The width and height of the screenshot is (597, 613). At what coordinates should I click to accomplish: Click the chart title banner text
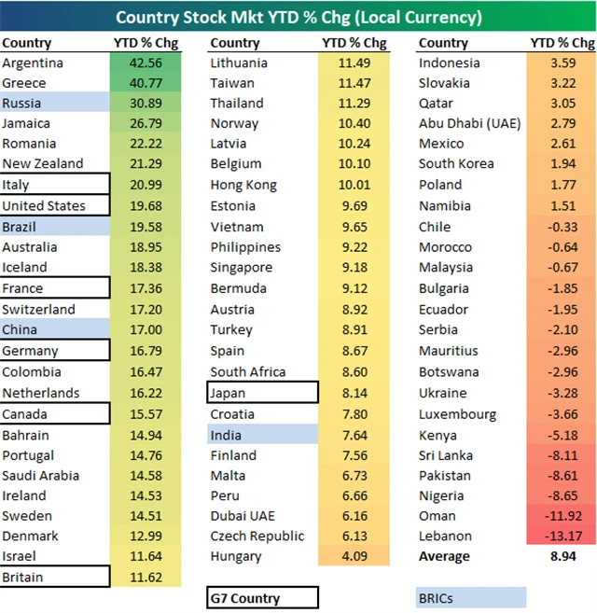(x=298, y=18)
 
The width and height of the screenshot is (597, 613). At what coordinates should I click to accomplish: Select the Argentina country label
(x=33, y=63)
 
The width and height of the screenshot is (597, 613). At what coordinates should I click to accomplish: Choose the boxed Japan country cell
(x=262, y=393)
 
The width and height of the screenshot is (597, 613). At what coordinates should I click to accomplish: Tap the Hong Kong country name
(x=243, y=185)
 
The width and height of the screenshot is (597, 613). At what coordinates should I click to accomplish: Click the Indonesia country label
(x=450, y=63)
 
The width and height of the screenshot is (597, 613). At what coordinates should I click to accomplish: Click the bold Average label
(x=445, y=556)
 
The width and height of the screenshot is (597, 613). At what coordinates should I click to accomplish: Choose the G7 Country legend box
(x=262, y=597)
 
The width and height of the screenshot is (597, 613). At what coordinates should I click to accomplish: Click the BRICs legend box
(x=471, y=597)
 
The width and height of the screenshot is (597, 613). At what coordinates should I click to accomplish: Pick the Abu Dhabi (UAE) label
(x=469, y=123)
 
